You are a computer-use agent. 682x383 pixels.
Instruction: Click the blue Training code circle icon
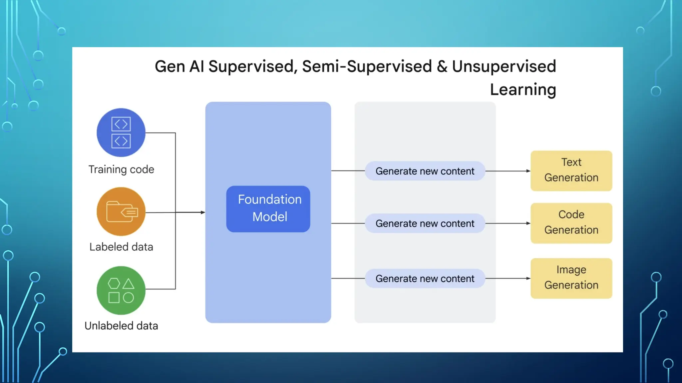121,132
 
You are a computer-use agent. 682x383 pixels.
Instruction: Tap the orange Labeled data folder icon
121,211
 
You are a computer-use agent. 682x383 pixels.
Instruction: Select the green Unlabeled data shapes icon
121,290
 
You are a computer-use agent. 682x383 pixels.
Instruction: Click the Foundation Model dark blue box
268,209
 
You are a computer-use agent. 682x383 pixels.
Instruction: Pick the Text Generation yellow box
571,171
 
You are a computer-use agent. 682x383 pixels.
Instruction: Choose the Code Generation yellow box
571,223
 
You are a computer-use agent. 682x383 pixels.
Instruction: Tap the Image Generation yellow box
571,278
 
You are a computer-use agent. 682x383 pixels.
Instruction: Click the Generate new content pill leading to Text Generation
425,171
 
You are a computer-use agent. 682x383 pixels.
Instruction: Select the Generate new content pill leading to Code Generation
425,223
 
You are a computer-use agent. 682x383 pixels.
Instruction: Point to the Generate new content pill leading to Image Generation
425,278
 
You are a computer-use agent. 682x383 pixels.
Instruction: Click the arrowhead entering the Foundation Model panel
203,212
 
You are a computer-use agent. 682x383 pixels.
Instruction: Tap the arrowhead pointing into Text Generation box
528,171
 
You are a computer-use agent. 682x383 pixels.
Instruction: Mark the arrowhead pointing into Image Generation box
528,278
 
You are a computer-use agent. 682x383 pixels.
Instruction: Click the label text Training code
121,169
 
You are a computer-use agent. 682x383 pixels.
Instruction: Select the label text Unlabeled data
121,325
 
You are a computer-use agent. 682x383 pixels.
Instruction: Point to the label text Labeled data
121,247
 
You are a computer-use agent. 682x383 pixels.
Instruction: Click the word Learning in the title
523,90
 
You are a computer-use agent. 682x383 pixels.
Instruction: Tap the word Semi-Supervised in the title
367,66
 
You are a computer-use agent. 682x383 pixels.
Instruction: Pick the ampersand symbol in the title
442,66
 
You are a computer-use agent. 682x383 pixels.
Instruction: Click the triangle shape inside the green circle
128,284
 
